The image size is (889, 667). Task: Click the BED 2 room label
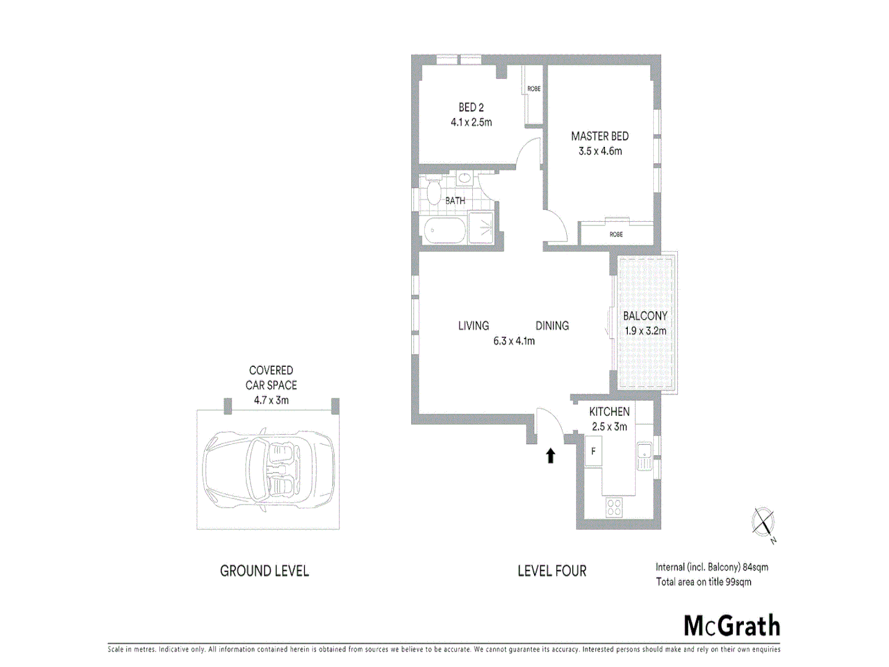pyautogui.click(x=471, y=107)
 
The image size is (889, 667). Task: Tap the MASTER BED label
pyautogui.click(x=599, y=136)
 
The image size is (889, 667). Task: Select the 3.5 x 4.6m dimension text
pyautogui.click(x=600, y=151)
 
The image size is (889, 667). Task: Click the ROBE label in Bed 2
pyautogui.click(x=533, y=89)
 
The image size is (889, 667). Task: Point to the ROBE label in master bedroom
pyautogui.click(x=616, y=235)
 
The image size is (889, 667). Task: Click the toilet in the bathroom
pyautogui.click(x=434, y=192)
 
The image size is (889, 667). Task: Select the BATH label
pyautogui.click(x=455, y=201)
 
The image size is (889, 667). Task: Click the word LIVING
pyautogui.click(x=474, y=326)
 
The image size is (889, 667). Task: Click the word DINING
pyautogui.click(x=552, y=326)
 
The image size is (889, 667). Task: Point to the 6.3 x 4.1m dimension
pyautogui.click(x=514, y=341)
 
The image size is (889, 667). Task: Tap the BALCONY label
pyautogui.click(x=645, y=316)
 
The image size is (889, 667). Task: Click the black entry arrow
pyautogui.click(x=550, y=456)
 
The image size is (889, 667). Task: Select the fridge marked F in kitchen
pyautogui.click(x=593, y=451)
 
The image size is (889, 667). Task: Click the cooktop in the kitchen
pyautogui.click(x=614, y=508)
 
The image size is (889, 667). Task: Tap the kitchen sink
pyautogui.click(x=644, y=458)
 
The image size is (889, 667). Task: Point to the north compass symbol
pyautogui.click(x=764, y=524)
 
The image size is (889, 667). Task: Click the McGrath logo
pyautogui.click(x=732, y=626)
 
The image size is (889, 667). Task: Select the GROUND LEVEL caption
pyautogui.click(x=264, y=571)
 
